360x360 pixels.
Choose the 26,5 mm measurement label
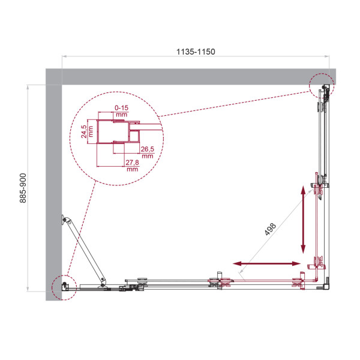coord(147,152)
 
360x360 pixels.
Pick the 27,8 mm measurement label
coord(133,165)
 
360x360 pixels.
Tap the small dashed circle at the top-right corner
coord(323,88)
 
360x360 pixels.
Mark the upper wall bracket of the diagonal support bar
coord(64,221)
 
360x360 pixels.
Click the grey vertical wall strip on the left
coord(53,180)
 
